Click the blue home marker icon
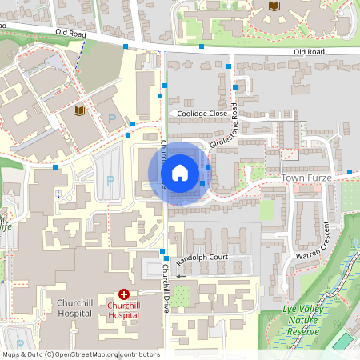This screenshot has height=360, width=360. pos(179,173)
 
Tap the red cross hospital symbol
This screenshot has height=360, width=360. pos(123,295)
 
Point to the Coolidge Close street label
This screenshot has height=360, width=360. pos(203,114)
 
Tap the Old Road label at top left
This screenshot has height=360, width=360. pos(71,33)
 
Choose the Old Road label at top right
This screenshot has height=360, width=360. pos(310,51)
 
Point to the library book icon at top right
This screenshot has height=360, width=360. pos(274,6)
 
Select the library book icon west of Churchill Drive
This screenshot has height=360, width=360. pos(78,110)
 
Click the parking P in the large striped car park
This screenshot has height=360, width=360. pos(110,180)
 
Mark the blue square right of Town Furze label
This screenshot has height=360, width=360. pos(350,172)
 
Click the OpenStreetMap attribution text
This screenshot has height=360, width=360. pos(81,354)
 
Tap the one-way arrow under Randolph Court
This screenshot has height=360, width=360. pos(181,275)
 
